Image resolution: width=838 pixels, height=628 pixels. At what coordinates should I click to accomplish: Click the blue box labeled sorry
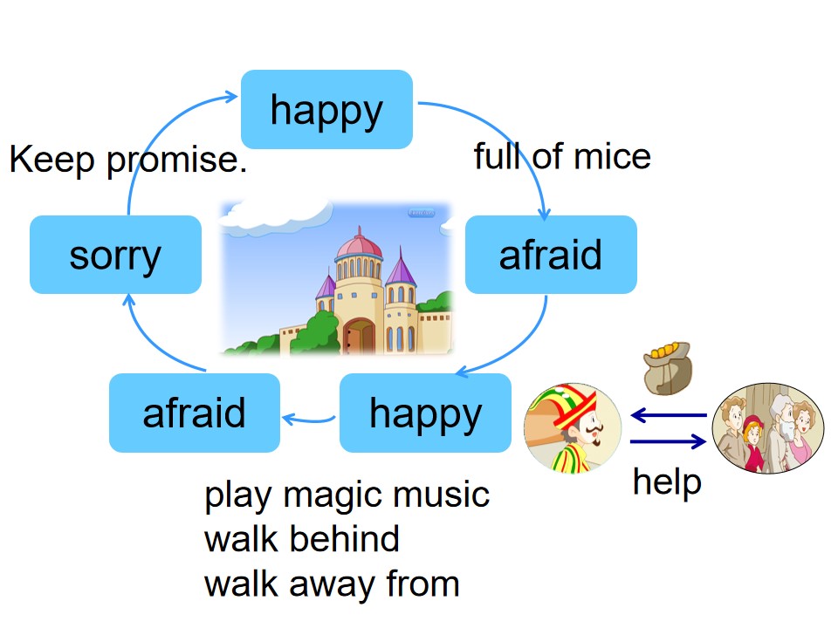(115, 254)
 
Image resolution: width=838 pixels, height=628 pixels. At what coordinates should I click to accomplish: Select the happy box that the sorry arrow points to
(326, 110)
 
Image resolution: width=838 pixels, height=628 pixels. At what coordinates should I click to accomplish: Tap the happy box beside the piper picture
(425, 413)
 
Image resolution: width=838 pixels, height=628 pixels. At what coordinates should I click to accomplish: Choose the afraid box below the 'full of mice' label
(551, 254)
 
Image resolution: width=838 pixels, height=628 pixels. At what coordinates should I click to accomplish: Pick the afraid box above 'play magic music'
(195, 413)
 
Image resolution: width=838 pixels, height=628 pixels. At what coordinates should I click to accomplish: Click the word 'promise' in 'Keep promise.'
(176, 160)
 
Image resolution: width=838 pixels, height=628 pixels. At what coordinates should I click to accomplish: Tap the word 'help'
(667, 482)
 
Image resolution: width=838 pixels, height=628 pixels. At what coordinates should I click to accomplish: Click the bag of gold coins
(668, 368)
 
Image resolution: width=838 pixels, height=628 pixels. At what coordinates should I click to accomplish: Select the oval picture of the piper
(573, 427)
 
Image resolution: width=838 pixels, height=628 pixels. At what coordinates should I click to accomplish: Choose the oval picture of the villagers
(768, 427)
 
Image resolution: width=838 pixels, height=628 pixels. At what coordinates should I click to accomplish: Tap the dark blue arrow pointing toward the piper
(669, 415)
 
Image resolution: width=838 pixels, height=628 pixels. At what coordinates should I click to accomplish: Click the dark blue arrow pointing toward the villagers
(669, 441)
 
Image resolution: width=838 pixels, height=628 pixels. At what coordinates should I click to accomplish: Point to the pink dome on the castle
(359, 246)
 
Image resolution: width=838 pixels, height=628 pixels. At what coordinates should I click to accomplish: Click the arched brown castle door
(359, 336)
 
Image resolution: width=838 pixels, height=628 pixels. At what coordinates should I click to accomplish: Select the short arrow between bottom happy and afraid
(309, 420)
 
